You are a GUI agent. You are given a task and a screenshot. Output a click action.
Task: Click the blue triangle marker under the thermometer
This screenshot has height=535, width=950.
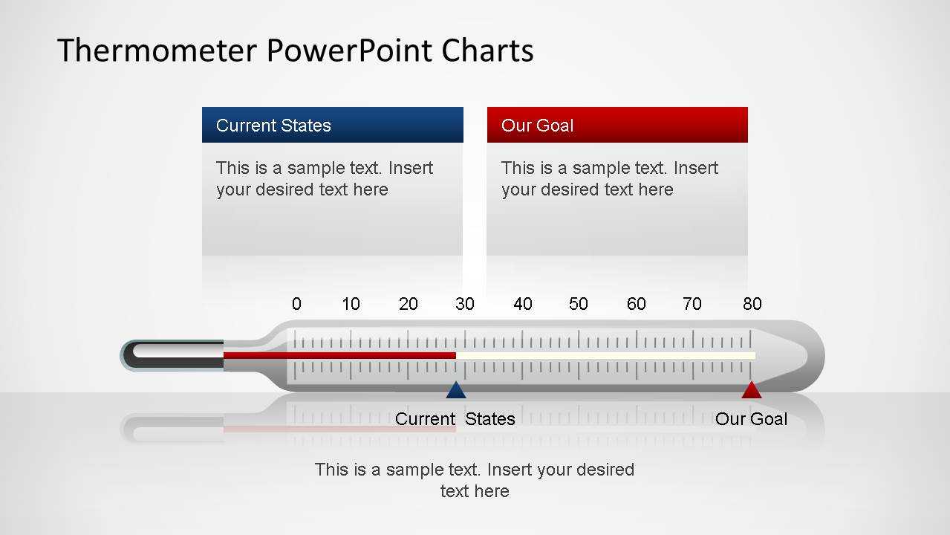pos(456,390)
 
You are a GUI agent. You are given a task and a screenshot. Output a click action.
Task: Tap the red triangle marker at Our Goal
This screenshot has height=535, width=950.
pos(752,390)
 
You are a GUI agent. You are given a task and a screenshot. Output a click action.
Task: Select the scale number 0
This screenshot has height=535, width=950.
pos(296,304)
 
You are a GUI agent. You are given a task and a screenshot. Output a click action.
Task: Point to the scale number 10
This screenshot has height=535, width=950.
pos(351,304)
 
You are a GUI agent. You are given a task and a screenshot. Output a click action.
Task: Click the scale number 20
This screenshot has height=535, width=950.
pos(409,304)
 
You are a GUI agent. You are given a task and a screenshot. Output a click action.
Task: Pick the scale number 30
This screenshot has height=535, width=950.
pos(465,304)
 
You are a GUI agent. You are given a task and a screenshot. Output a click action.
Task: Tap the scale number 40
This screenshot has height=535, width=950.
pos(522,304)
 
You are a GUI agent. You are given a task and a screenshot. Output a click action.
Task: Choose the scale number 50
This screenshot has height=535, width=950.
pos(579,304)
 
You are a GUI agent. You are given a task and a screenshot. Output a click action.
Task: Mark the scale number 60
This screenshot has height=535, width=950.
pos(636,304)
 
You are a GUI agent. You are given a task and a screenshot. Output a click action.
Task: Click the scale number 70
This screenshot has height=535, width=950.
pos(692,304)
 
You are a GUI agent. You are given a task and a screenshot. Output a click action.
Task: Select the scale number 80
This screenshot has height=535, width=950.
pos(752,304)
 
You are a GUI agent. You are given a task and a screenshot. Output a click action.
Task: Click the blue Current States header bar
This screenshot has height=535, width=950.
pos(333,125)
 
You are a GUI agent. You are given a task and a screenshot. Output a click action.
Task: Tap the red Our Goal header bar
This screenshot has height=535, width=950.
pos(617,125)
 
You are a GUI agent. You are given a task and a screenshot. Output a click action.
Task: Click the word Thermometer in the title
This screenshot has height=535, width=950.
pos(157,51)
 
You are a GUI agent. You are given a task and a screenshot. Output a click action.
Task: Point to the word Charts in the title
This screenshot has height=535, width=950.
pos(487,51)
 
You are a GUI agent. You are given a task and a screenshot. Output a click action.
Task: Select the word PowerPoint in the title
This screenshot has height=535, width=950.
pos(349,51)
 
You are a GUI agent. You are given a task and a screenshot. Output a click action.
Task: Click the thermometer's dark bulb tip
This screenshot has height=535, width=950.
pos(172,355)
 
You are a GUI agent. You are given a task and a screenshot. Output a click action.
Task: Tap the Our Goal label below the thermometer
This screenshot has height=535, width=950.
pos(751,419)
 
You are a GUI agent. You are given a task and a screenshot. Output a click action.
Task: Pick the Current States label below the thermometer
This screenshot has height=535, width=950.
pos(455,419)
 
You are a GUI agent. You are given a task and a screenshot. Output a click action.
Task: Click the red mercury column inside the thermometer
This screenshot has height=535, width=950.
pos(339,355)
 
